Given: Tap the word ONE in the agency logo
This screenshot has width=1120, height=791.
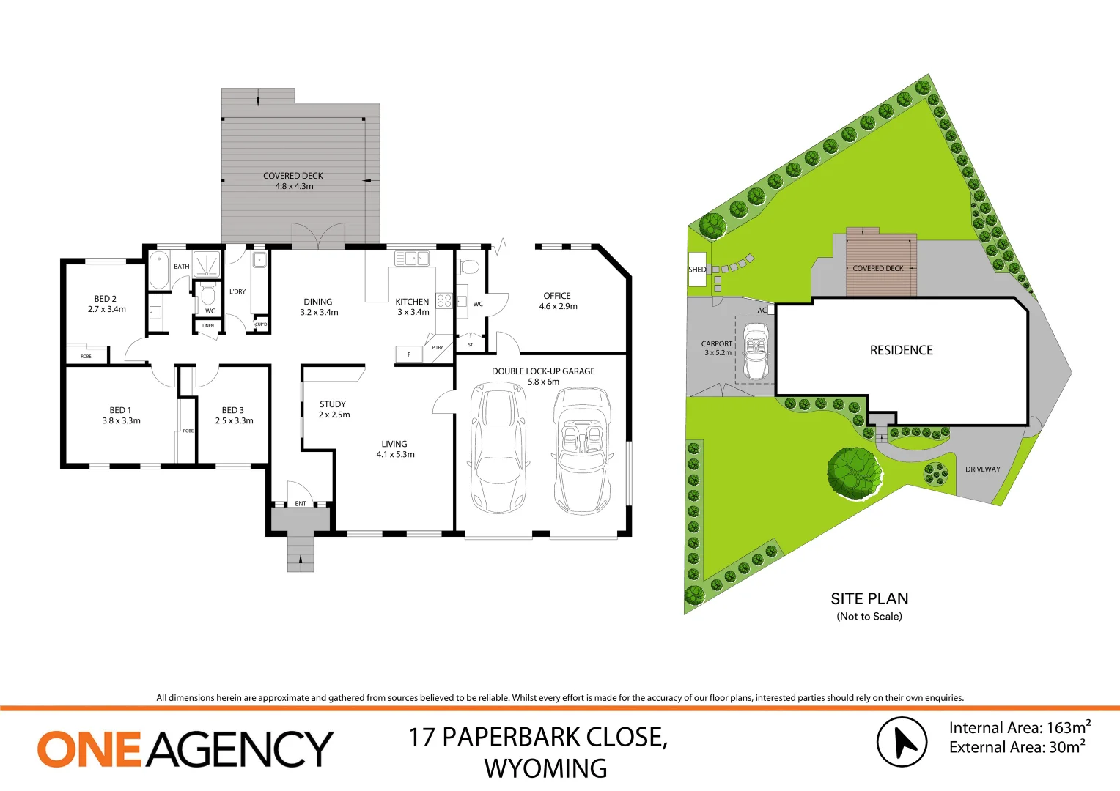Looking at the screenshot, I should coord(89,749).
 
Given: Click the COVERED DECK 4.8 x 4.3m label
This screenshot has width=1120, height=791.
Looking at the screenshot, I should coord(294,181).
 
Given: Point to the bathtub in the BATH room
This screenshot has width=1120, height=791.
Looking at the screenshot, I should coord(159,271).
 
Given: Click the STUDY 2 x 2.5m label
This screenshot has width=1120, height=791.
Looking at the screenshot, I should coord(334,409).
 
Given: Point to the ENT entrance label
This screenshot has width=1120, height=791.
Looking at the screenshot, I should coord(301,504).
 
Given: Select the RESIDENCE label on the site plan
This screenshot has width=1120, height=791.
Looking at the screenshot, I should coord(901,351).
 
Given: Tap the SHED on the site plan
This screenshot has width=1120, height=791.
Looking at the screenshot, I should coord(697,270).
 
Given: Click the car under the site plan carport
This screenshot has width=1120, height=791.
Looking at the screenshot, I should coord(755,352).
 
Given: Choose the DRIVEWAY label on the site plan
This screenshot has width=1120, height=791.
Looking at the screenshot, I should coord(982,469).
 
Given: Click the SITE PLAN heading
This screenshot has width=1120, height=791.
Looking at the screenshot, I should coord(869,599).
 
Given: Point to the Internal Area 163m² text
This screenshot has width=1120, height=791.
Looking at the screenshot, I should coord(1019,728).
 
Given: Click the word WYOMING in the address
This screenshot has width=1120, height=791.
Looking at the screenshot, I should coord(545,768).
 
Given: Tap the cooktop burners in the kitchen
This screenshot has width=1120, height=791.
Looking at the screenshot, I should coord(444,300).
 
